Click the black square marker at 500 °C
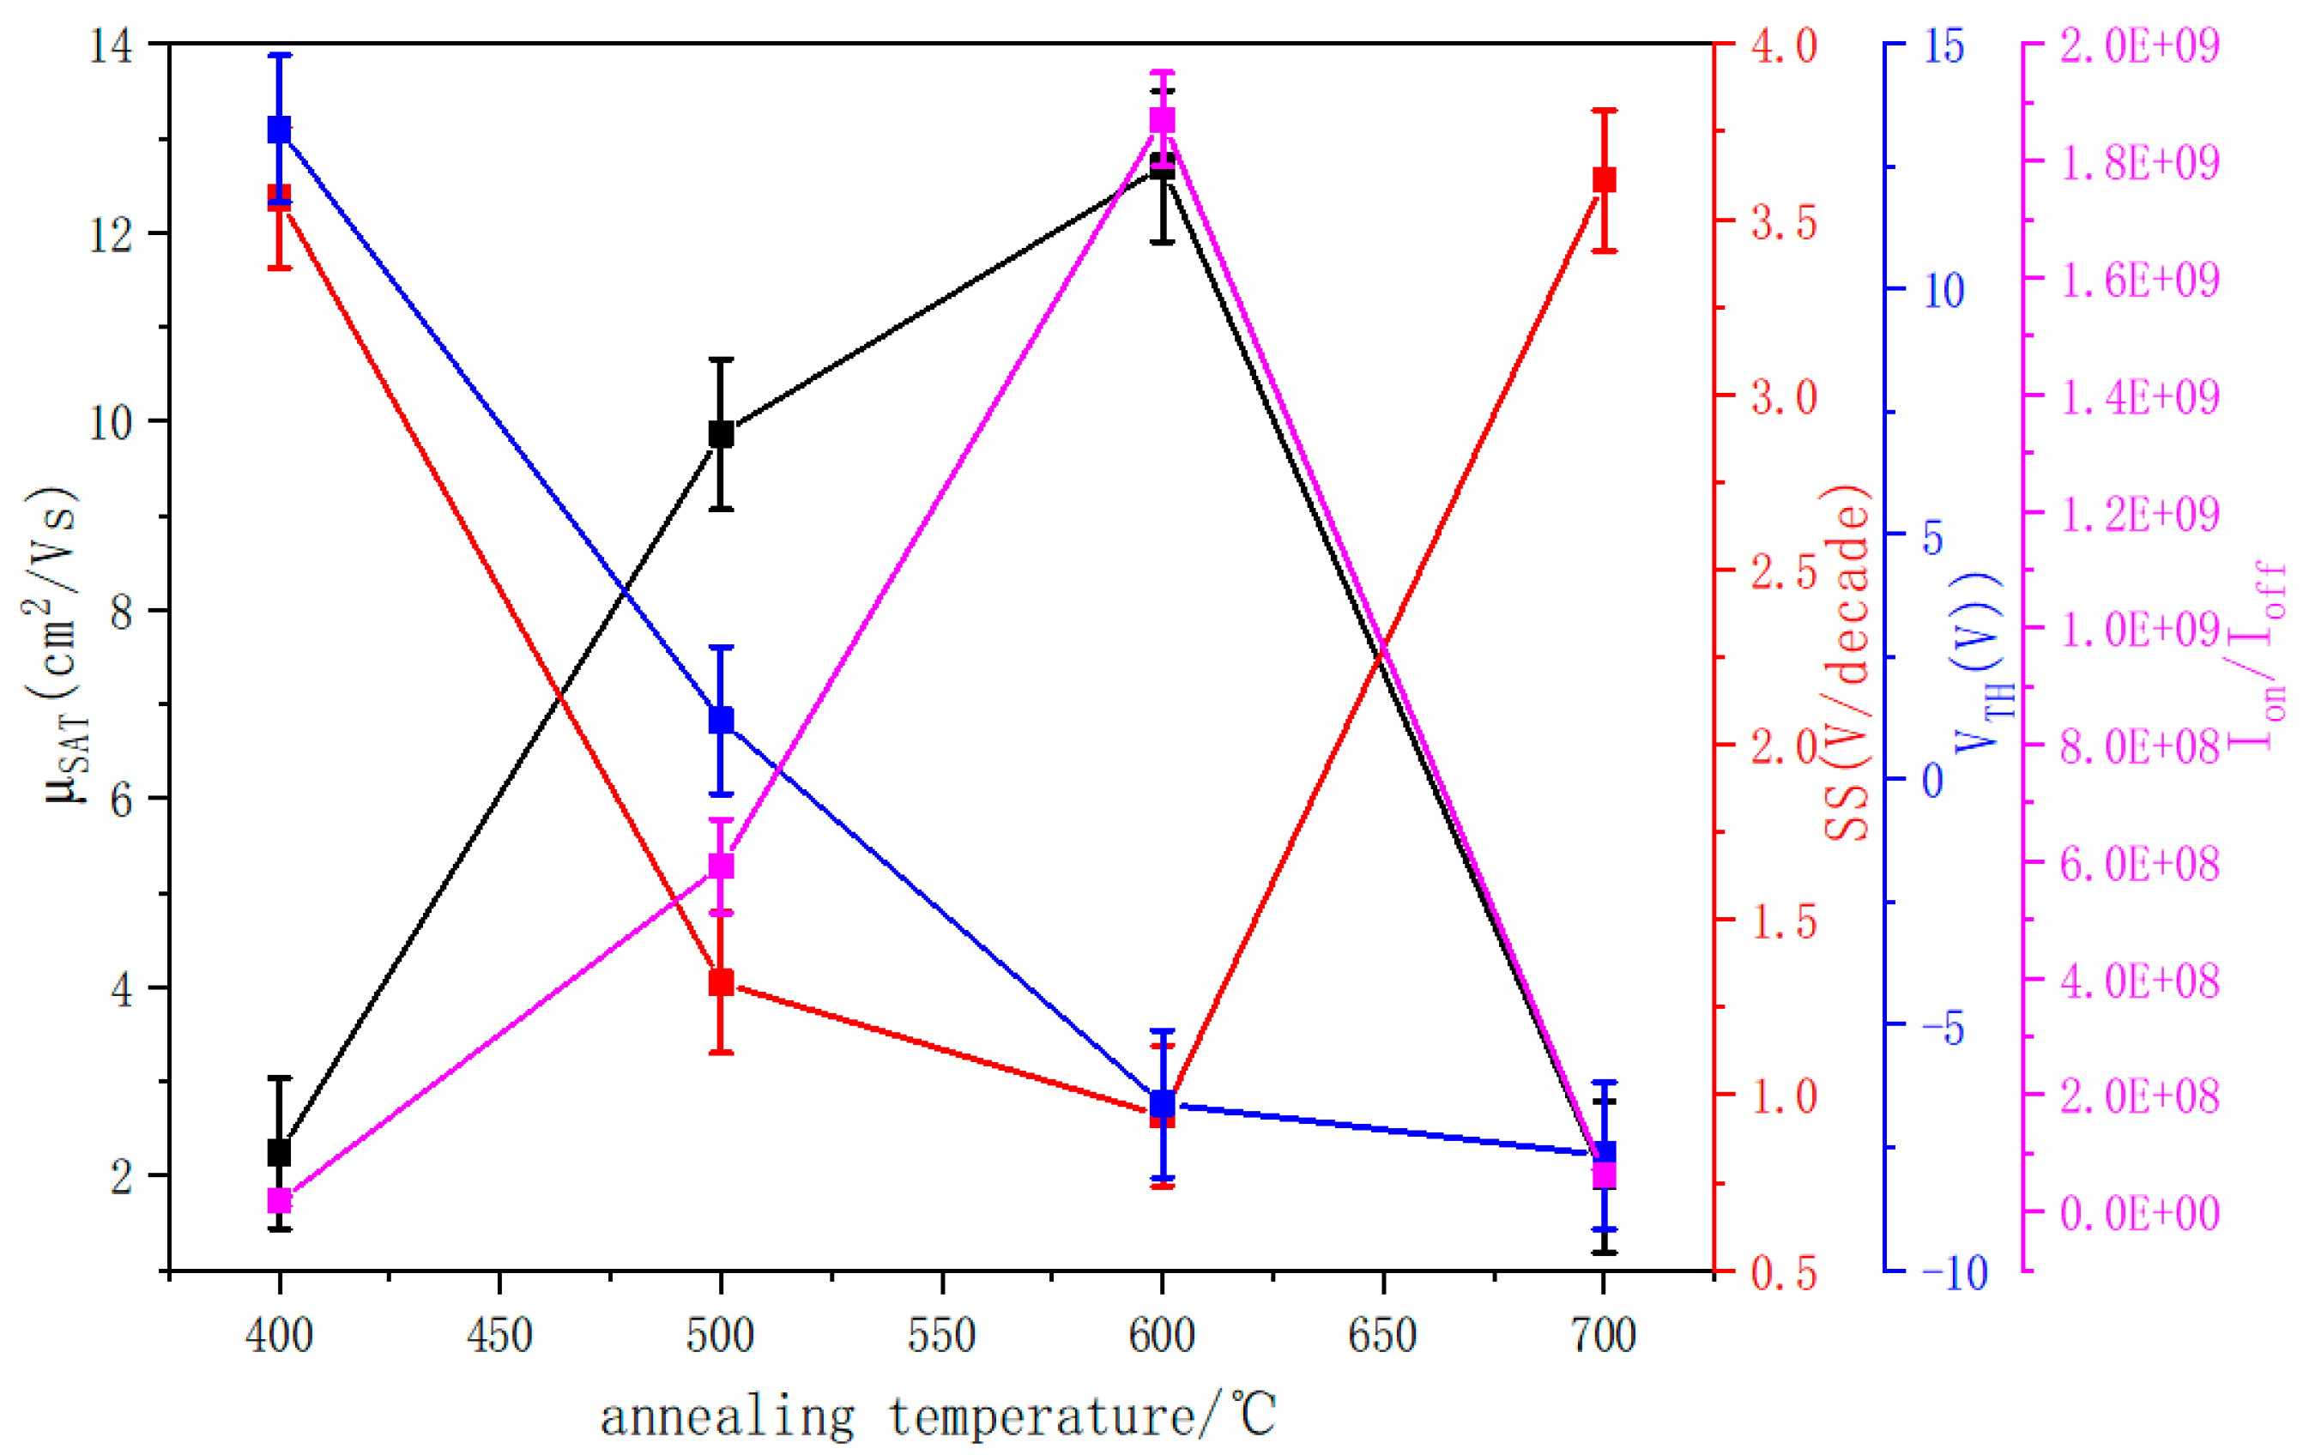(x=721, y=434)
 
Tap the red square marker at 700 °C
(x=1604, y=179)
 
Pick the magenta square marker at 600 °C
(x=1162, y=120)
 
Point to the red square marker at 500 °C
(x=721, y=981)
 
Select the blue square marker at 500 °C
(x=721, y=720)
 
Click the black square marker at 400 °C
(x=279, y=1152)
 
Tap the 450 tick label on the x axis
(x=500, y=1336)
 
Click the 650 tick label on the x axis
(x=1383, y=1336)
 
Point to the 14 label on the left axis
(x=111, y=45)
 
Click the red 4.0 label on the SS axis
(x=1784, y=45)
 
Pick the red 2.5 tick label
(x=1784, y=571)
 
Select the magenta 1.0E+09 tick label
(x=2139, y=629)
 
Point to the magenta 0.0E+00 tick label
(x=2139, y=1213)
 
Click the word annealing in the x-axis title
(x=727, y=1416)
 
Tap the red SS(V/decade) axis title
(x=1846, y=663)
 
